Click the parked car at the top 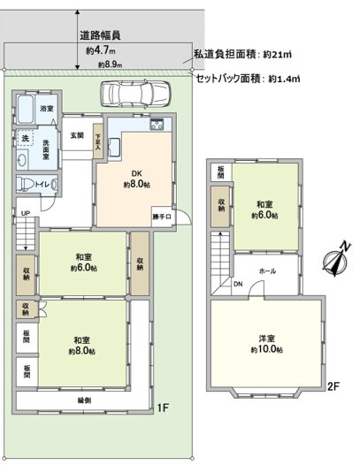135,93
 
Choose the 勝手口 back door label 162,216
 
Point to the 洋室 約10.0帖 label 265,345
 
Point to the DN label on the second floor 238,284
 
